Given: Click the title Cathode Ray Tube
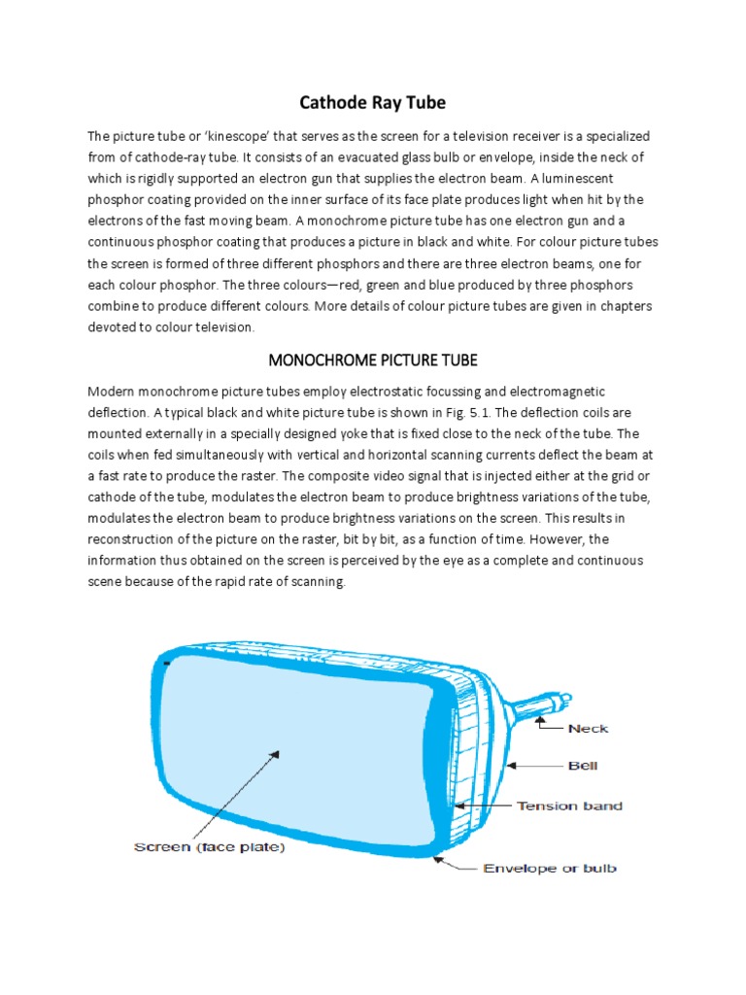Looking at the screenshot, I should point(373,103).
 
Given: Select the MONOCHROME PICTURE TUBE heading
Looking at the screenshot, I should point(373,360).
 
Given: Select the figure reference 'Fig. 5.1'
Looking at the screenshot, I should point(492,411).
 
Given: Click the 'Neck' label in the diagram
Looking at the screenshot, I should point(588,728).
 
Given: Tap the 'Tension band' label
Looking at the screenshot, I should point(569,806).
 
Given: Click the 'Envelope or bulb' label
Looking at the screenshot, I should point(550,868).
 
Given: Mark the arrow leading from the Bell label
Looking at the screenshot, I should point(534,766).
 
